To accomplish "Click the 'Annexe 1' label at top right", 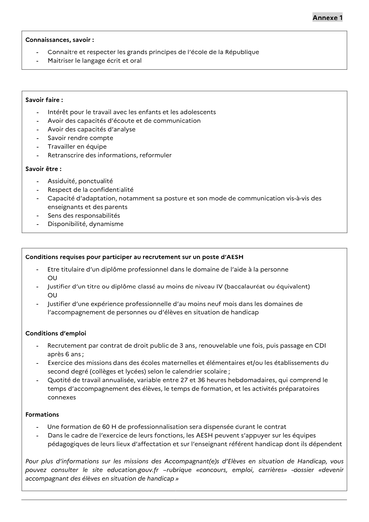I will tap(327, 18).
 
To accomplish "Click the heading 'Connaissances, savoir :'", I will tap(60, 40).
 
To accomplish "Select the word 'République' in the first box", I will tap(242, 52).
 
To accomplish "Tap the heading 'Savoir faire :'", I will tap(44, 100).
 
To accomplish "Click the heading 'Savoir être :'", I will tap(43, 169).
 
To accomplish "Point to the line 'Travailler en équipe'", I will tap(77, 147).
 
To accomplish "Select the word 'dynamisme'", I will tap(106, 224).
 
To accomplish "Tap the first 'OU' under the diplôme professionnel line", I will tap(52, 278).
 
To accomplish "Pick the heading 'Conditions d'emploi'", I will tap(56, 333).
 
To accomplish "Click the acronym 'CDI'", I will tap(320, 346).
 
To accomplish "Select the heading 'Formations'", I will tap(42, 415).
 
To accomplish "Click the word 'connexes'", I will tap(62, 398).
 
